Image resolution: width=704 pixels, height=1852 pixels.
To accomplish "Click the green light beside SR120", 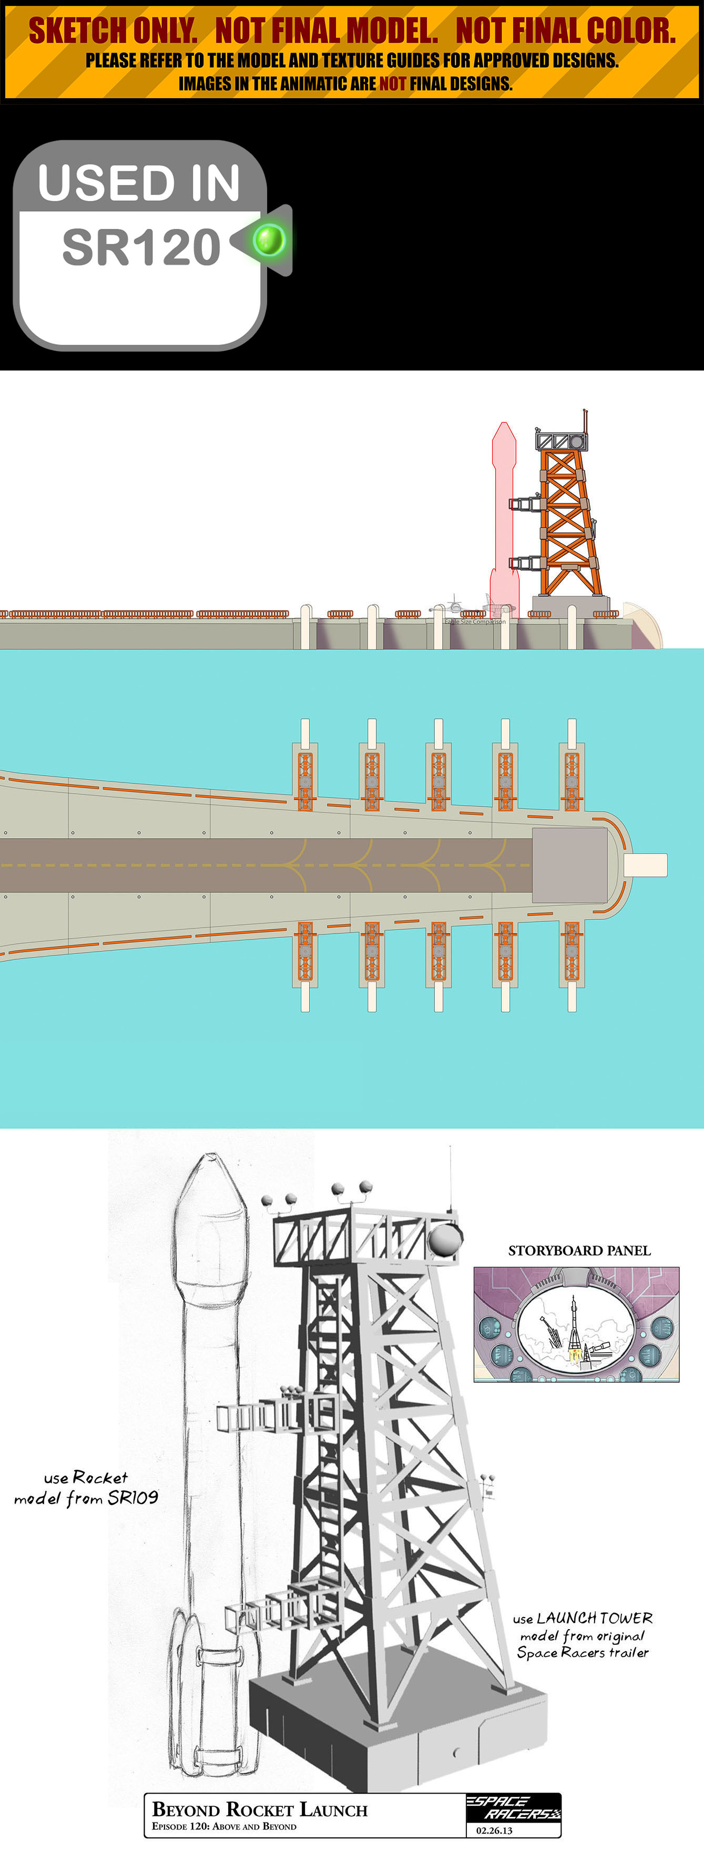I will point(270,240).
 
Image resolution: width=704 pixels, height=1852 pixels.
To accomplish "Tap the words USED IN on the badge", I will point(139,182).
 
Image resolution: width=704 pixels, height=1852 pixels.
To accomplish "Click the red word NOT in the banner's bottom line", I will point(393,84).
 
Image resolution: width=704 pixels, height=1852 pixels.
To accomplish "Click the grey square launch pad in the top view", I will point(569,865).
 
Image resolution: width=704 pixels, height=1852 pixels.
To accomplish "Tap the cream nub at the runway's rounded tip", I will point(645,865).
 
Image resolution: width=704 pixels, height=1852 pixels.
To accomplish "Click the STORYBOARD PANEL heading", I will point(579,1250).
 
